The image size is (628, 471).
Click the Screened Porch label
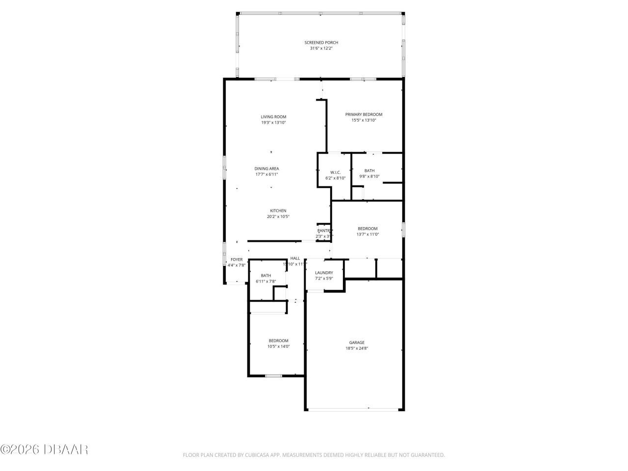click(321, 43)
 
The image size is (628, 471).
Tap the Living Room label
click(273, 117)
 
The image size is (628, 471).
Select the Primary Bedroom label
click(364, 114)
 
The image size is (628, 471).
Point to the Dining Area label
click(266, 169)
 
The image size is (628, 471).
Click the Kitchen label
click(278, 211)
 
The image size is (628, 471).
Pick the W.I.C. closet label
click(336, 172)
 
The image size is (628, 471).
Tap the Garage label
click(357, 342)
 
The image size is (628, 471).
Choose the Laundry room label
click(324, 273)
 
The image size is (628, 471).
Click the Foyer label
click(236, 260)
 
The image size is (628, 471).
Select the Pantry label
click(324, 231)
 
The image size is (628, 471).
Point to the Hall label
click(295, 258)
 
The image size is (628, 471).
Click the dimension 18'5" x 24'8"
click(357, 348)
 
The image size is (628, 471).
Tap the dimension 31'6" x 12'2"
click(321, 48)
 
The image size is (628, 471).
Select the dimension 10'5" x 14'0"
click(278, 346)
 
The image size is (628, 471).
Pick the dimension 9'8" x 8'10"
click(369, 177)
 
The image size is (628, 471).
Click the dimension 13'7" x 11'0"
click(367, 235)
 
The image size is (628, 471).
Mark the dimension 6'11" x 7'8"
click(266, 281)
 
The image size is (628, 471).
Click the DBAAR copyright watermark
click(44, 449)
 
